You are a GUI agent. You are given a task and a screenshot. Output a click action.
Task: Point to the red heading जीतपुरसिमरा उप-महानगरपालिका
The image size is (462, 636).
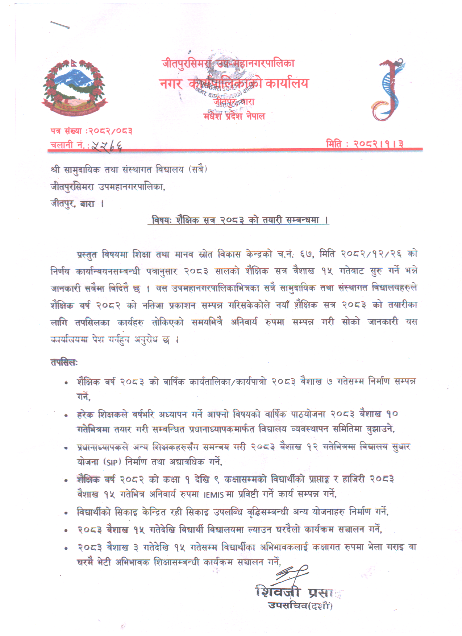click(228, 63)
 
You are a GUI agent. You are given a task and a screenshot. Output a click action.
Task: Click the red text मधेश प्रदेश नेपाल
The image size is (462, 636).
click(234, 116)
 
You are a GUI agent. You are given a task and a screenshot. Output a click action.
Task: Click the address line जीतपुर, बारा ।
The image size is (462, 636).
click(77, 203)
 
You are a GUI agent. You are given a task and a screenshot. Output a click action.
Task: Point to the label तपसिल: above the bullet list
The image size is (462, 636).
click(64, 362)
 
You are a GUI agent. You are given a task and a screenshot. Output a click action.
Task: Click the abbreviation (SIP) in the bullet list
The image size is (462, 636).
click(112, 462)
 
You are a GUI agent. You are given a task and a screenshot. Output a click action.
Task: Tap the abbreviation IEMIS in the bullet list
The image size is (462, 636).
click(214, 494)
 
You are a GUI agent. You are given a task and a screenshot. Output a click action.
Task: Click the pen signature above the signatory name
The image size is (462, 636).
click(292, 574)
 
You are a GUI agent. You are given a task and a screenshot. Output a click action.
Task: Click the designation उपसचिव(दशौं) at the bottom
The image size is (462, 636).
click(300, 605)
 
